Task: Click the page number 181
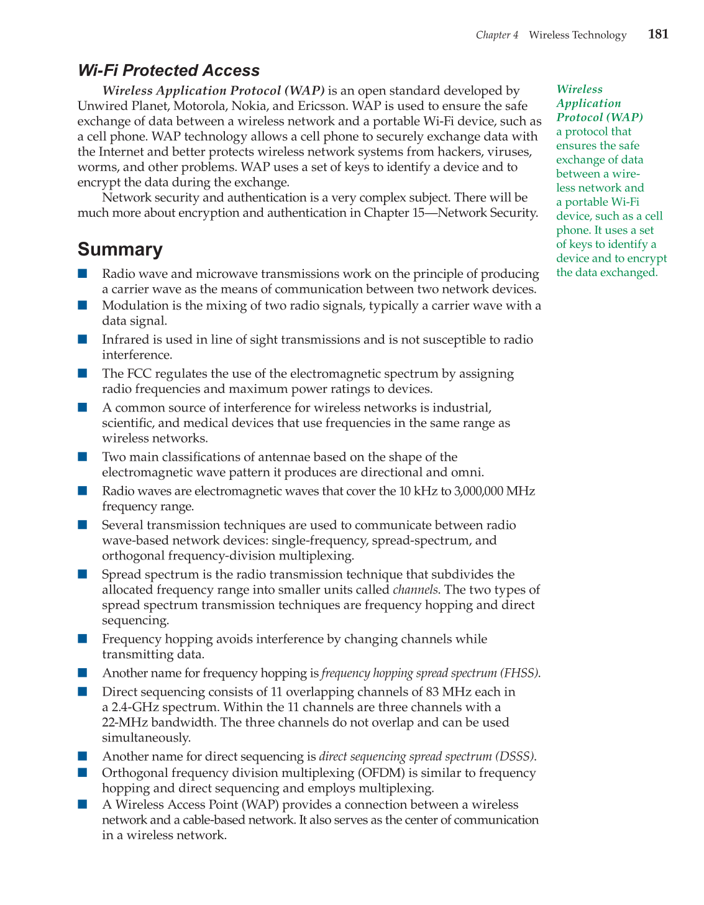[x=658, y=34]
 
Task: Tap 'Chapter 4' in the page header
[x=496, y=35]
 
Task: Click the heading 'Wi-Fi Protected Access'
[x=168, y=71]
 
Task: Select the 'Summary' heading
[x=120, y=249]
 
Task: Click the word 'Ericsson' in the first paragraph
[x=317, y=106]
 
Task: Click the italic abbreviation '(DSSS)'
[x=515, y=756]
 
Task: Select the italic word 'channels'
[x=415, y=590]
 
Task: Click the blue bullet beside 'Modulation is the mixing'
[x=83, y=305]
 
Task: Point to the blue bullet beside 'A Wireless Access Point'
[x=83, y=804]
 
